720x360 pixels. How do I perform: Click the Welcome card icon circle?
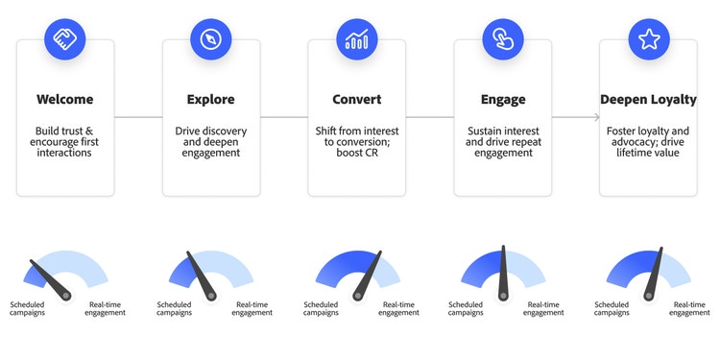tap(64, 38)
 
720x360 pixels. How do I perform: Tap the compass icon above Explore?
tap(210, 38)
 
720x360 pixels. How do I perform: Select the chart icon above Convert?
tap(356, 38)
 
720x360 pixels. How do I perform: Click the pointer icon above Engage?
tap(503, 38)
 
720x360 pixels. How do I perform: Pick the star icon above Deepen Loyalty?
tap(649, 38)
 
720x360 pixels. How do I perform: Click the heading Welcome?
tap(64, 99)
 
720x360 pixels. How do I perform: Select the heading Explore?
tap(210, 99)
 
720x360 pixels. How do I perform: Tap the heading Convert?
tap(356, 99)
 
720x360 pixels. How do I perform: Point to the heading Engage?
tap(503, 99)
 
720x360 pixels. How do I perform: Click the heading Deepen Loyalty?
tap(649, 99)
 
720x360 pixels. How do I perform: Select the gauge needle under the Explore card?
tap(202, 275)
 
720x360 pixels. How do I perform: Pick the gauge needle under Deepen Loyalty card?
tap(654, 273)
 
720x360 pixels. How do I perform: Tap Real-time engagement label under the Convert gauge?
tap(398, 308)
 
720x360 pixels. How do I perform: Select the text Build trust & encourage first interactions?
tap(64, 141)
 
